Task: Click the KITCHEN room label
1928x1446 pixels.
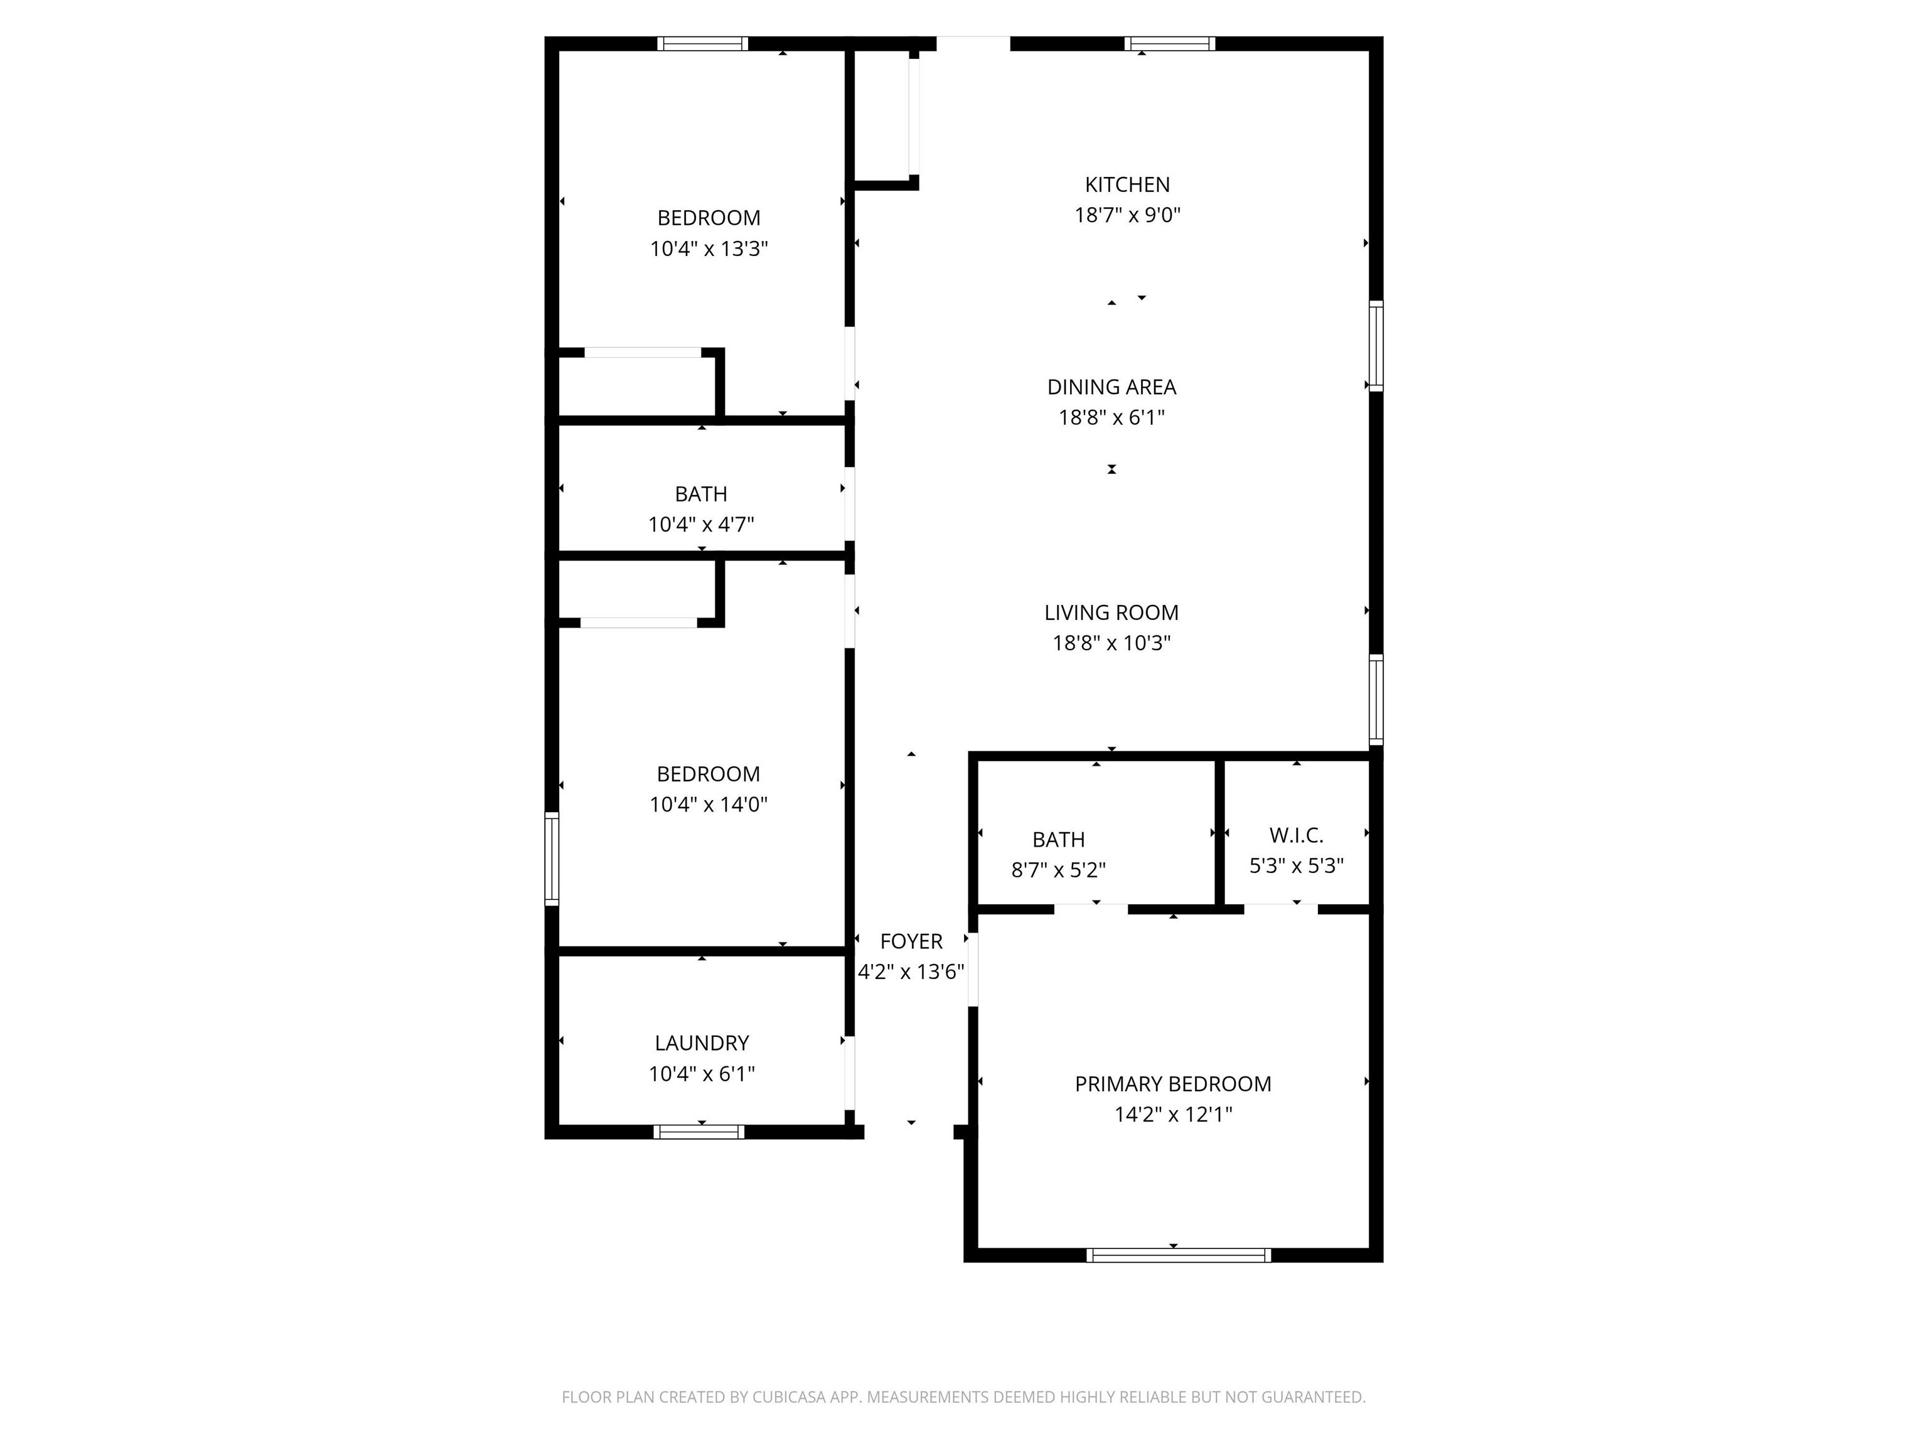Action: (1127, 185)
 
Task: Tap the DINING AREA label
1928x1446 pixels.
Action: (1111, 387)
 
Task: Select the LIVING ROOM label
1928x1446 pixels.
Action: (1111, 613)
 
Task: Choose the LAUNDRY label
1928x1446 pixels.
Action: (702, 1042)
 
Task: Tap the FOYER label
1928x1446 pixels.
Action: (911, 941)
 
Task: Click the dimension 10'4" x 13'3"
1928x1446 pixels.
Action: (709, 249)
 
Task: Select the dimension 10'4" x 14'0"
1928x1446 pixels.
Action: (708, 805)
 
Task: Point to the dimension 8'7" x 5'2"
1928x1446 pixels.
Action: (1058, 870)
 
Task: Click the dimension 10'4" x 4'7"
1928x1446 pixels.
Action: (701, 525)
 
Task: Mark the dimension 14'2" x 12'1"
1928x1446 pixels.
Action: (1173, 1114)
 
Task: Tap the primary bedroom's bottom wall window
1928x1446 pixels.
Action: (1179, 1255)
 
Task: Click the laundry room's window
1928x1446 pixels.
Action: (699, 1132)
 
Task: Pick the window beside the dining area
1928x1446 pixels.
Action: (1376, 346)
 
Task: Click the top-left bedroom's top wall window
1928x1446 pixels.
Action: (702, 43)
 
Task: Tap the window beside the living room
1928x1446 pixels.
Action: (1376, 699)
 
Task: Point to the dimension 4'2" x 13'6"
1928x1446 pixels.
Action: (911, 972)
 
